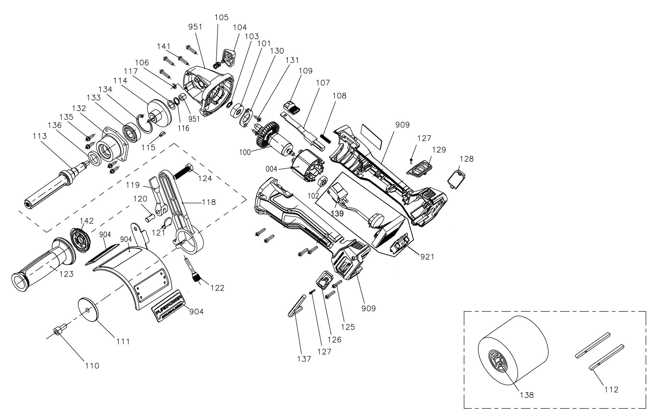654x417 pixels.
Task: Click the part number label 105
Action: (221, 17)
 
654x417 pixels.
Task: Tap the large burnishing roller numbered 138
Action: (513, 354)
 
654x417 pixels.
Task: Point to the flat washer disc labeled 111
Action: (88, 310)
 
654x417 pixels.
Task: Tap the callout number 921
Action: (427, 256)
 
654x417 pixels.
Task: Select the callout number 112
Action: (611, 390)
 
